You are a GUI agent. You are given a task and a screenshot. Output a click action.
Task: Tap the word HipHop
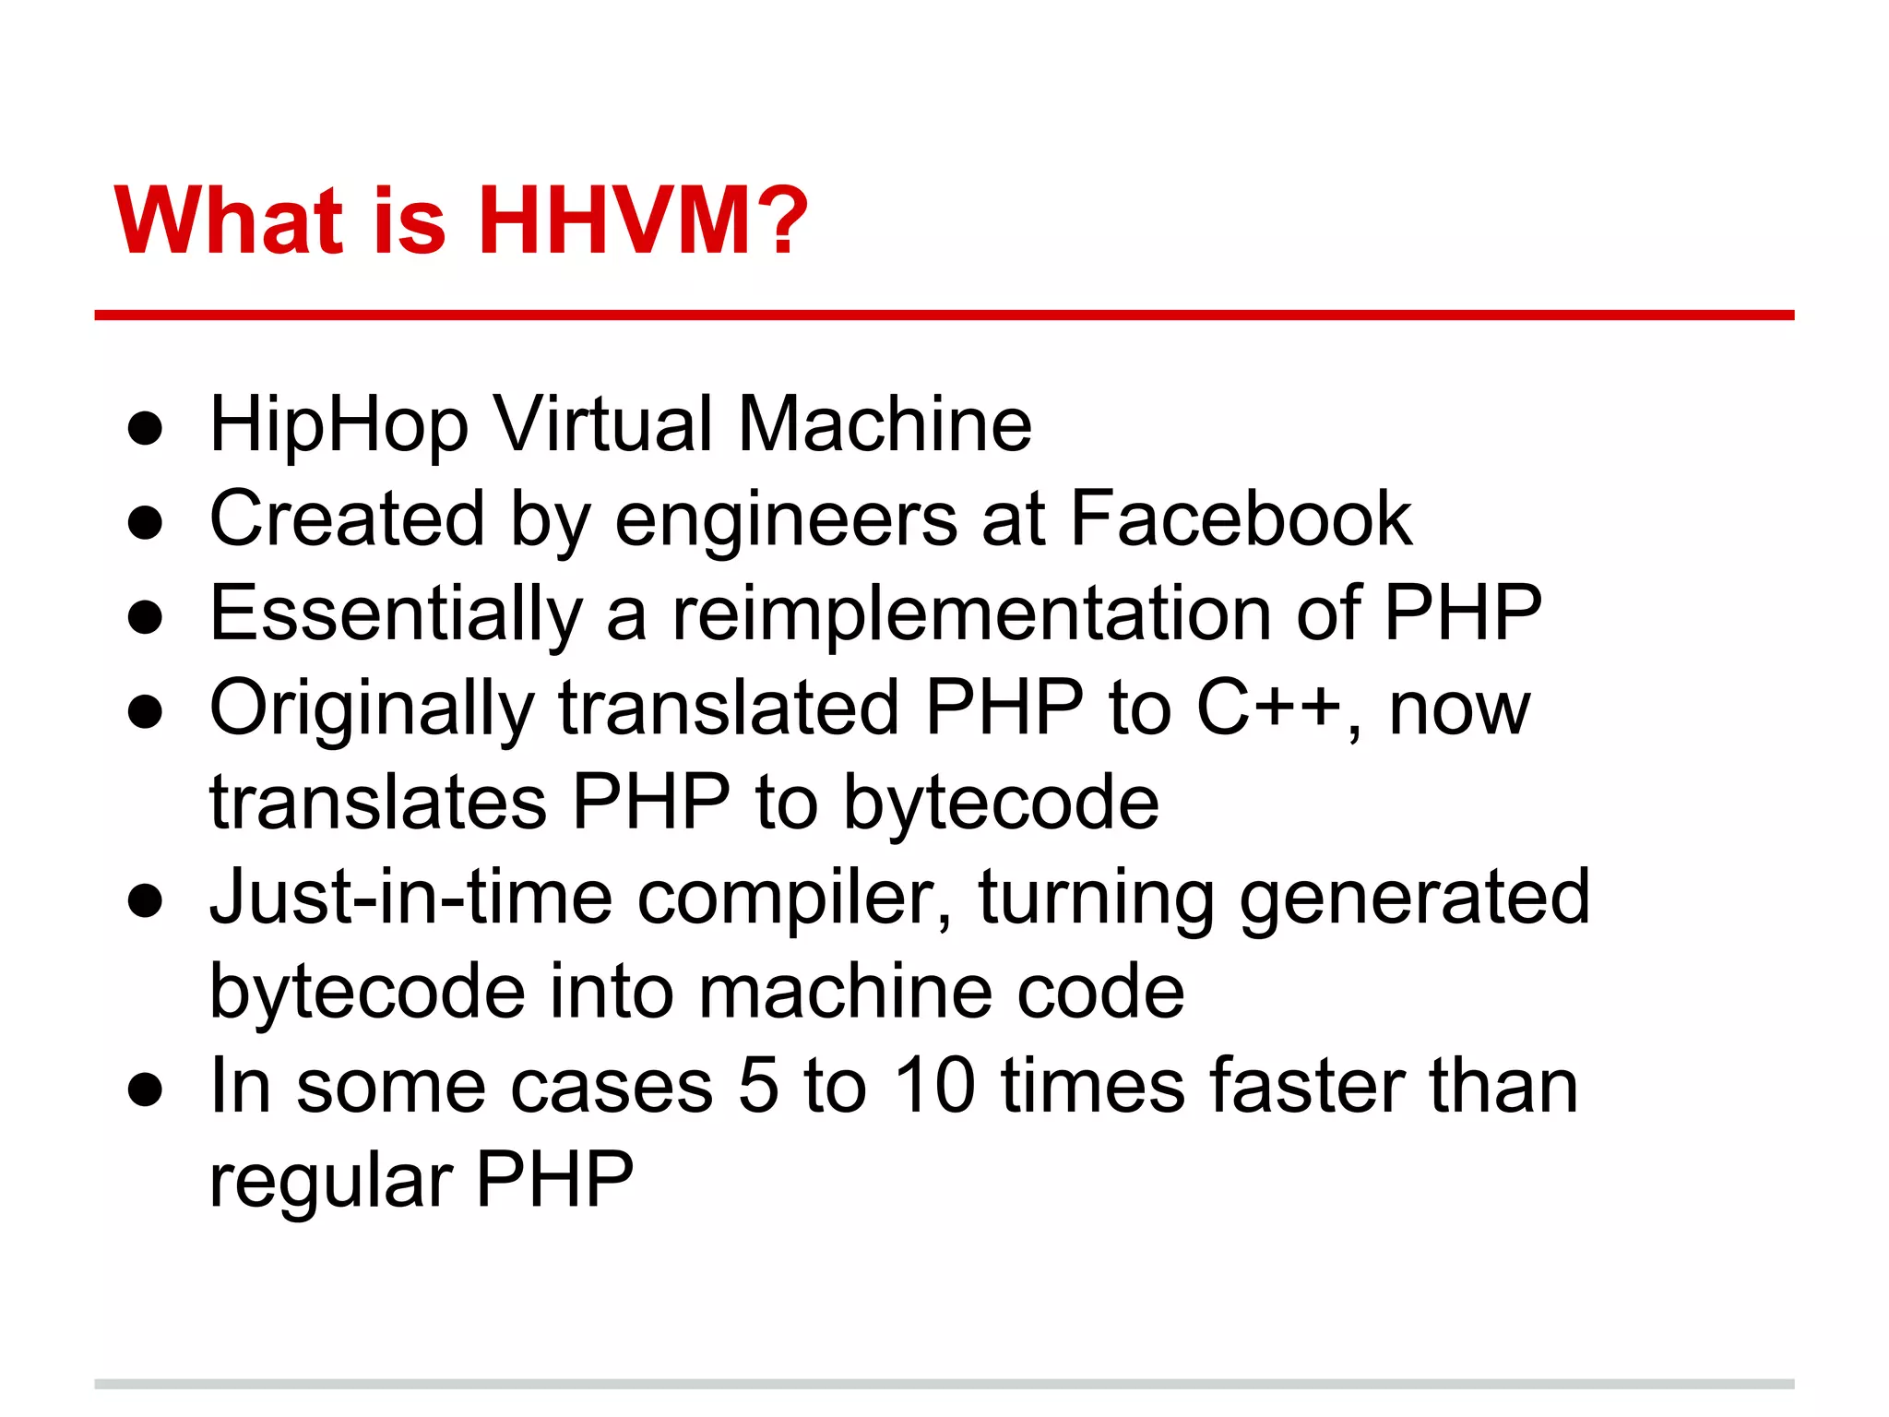coord(339,426)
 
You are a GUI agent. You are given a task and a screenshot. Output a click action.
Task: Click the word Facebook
coord(1241,519)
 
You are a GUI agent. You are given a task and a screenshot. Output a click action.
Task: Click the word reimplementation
coord(972,616)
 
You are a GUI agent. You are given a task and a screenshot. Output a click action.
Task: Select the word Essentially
coord(397,616)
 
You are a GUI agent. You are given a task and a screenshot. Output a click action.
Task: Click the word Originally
coord(372,711)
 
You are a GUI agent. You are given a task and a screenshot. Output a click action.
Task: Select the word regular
coord(331,1183)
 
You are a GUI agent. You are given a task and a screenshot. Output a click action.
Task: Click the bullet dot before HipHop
coord(146,428)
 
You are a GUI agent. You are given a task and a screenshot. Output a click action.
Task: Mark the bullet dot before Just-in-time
coord(146,900)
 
